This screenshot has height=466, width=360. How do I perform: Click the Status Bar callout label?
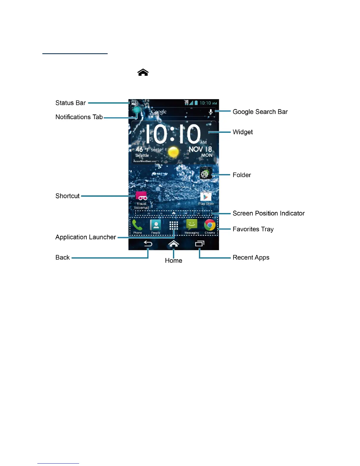(71, 103)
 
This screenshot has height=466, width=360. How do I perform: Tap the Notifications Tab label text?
(79, 117)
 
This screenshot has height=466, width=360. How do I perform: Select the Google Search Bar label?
(260, 112)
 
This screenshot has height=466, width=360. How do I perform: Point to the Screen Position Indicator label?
(268, 213)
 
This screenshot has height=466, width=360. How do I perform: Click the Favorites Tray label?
(253, 229)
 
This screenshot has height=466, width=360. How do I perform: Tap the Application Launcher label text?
(86, 237)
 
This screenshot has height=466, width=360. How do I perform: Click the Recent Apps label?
(251, 257)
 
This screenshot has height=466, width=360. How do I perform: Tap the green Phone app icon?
(137, 225)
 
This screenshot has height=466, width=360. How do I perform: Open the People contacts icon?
(156, 225)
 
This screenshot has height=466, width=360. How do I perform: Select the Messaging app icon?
(191, 225)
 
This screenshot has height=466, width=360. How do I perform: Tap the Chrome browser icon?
(210, 225)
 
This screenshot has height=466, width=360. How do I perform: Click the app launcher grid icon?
(174, 226)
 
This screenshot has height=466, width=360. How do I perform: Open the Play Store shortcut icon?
(206, 197)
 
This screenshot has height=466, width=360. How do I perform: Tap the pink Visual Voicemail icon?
(141, 196)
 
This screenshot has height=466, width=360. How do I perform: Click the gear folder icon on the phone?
(206, 174)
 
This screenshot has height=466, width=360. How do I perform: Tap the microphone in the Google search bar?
(211, 112)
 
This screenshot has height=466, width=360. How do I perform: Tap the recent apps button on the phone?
(199, 244)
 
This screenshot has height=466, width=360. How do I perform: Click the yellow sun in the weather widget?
(173, 152)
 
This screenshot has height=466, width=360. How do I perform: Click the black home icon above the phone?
(143, 72)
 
